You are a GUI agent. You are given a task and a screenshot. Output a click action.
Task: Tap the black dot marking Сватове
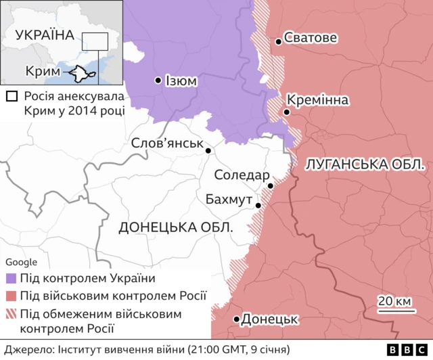pyautogui.click(x=278, y=42)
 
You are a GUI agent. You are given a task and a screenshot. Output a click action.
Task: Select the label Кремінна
pyautogui.click(x=322, y=100)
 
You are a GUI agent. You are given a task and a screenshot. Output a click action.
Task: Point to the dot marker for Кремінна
pyautogui.click(x=288, y=112)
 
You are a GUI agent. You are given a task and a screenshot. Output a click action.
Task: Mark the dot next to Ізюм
pyautogui.click(x=158, y=80)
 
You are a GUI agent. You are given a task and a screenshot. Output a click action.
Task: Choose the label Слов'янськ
pyautogui.click(x=168, y=143)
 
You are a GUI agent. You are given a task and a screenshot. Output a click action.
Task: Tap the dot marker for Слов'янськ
pyautogui.click(x=208, y=151)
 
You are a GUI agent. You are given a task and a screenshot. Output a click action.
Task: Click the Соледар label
pyautogui.click(x=241, y=175)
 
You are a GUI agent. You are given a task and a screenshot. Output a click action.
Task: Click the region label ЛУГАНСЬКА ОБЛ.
pyautogui.click(x=365, y=164)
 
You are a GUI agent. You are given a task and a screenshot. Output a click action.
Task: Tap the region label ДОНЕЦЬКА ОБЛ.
pyautogui.click(x=175, y=227)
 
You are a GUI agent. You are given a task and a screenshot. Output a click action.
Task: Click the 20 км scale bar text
pyautogui.click(x=394, y=300)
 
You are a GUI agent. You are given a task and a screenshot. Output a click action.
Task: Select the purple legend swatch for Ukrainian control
pyautogui.click(x=11, y=278)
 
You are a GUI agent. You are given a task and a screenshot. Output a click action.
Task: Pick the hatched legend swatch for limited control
pyautogui.click(x=11, y=313)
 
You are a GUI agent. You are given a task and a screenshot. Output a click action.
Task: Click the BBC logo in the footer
pyautogui.click(x=405, y=350)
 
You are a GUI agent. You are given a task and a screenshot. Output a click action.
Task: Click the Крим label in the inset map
pyautogui.click(x=39, y=72)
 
